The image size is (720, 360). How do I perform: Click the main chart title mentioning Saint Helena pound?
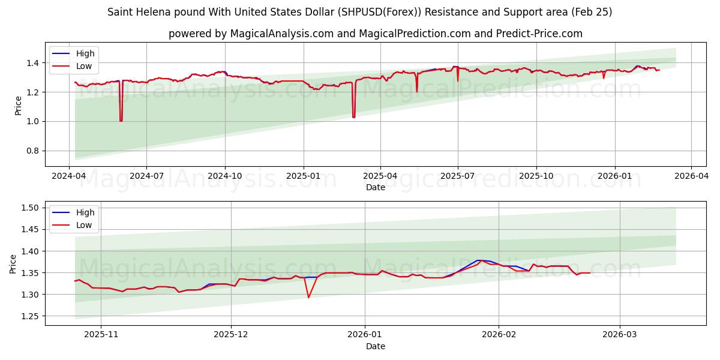pyautogui.click(x=360, y=12)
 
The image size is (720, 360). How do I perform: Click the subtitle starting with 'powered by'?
pyautogui.click(x=375, y=34)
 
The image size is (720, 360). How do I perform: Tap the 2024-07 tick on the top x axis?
pyautogui.click(x=146, y=176)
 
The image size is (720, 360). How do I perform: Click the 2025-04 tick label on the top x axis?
pyautogui.click(x=380, y=176)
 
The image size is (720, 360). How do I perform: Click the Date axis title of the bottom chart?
pyautogui.click(x=375, y=347)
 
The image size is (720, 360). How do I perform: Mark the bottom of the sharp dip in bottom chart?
pyautogui.click(x=308, y=298)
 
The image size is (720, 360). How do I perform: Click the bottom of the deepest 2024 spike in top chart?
pyautogui.click(x=121, y=121)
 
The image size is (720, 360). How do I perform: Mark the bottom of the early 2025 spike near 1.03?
pyautogui.click(x=354, y=117)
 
